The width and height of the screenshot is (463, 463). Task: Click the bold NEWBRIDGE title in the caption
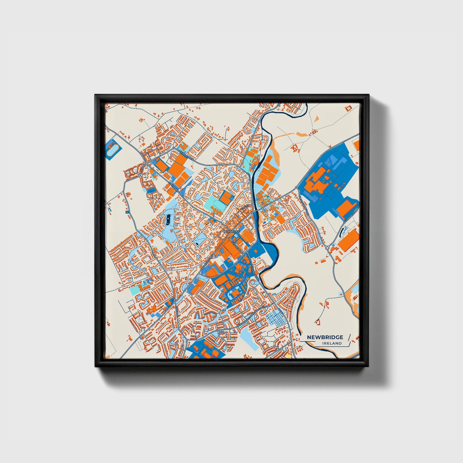click(325, 337)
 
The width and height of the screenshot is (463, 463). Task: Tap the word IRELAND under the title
click(332, 343)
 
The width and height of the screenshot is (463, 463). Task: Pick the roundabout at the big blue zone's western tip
click(297, 187)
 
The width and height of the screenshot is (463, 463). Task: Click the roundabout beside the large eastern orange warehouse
click(327, 247)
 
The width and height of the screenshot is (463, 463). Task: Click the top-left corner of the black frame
click(95, 95)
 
